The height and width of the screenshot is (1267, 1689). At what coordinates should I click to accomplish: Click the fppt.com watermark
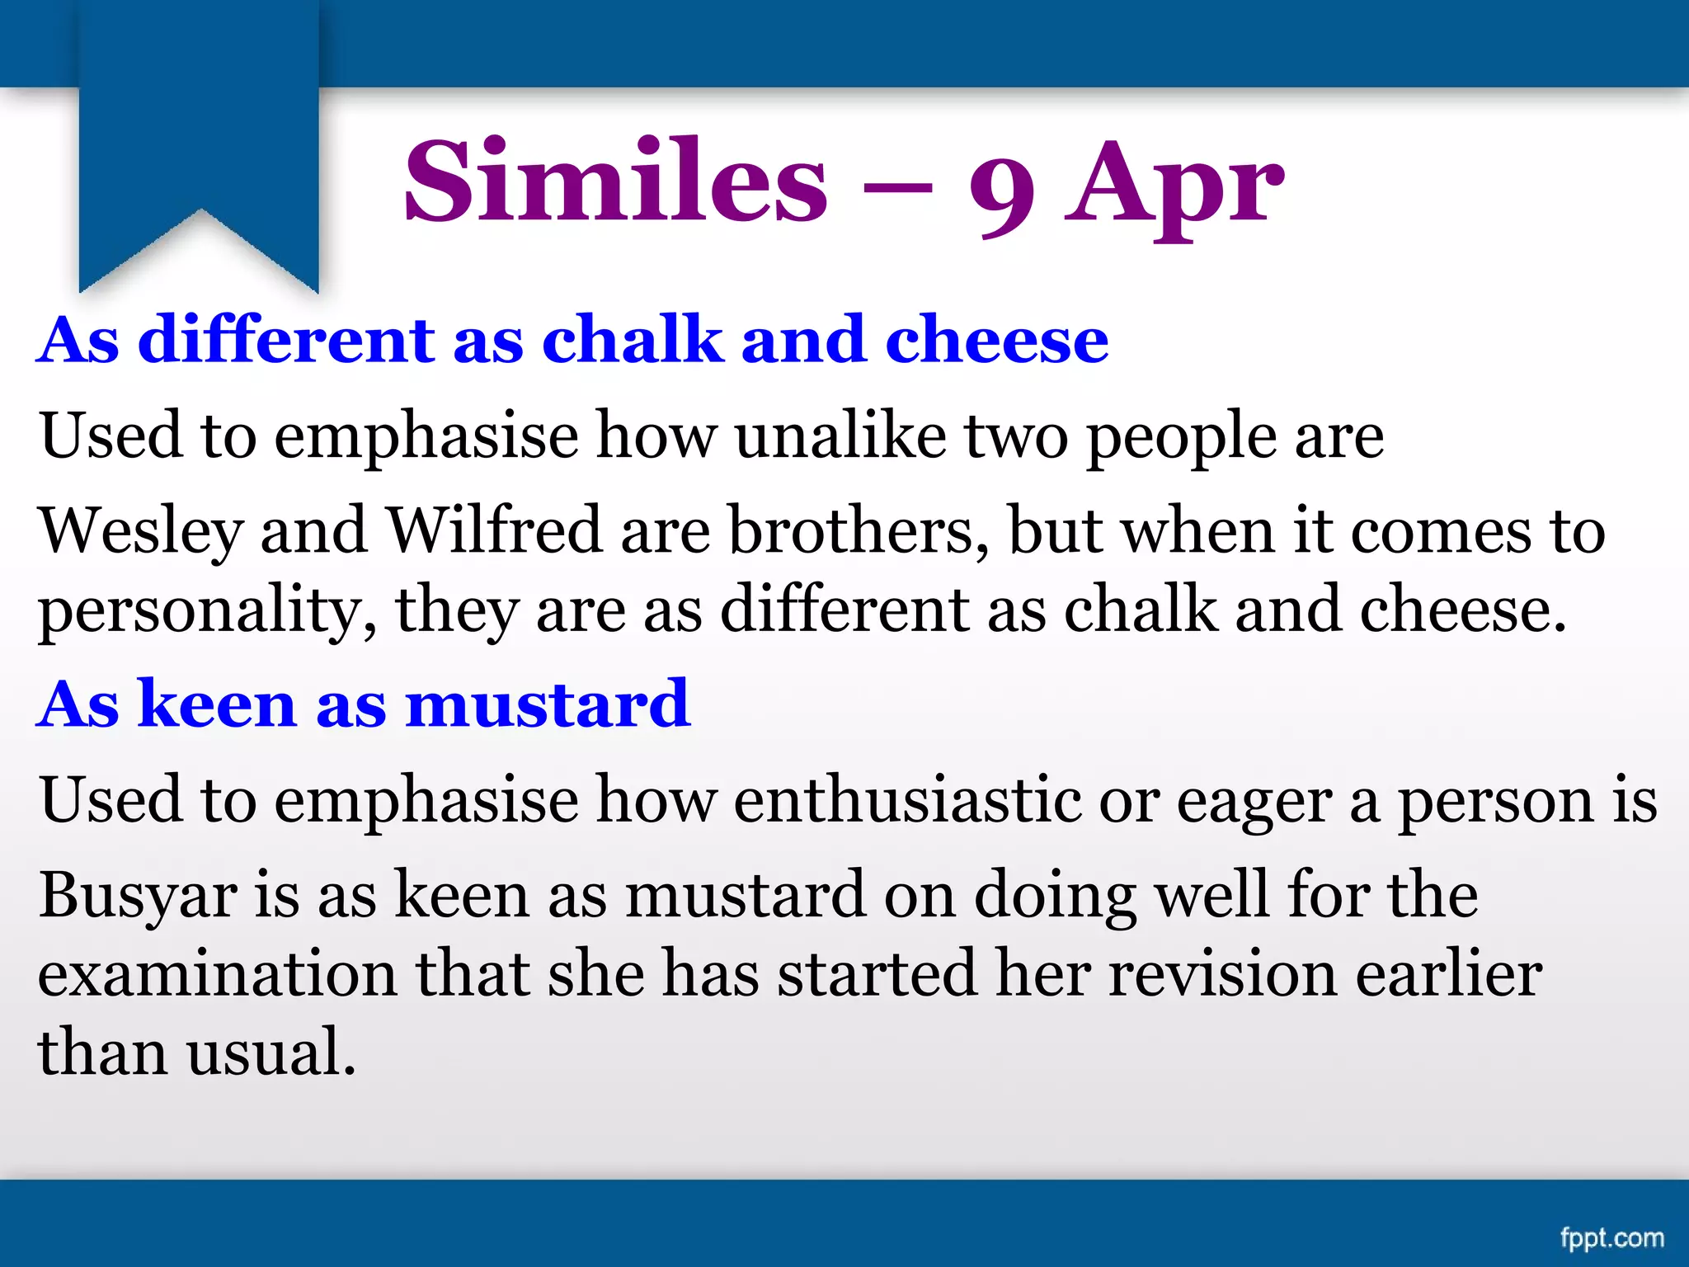click(x=1611, y=1238)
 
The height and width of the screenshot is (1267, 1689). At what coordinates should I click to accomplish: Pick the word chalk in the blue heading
click(x=632, y=339)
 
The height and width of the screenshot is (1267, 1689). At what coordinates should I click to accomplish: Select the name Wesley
click(x=140, y=532)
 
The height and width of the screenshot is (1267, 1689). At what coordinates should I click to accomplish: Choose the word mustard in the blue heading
click(x=548, y=704)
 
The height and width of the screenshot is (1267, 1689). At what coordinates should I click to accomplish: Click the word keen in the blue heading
click(x=217, y=704)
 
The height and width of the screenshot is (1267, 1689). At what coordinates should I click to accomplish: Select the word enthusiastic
click(x=907, y=799)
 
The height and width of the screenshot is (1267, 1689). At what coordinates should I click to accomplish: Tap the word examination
click(x=217, y=973)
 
